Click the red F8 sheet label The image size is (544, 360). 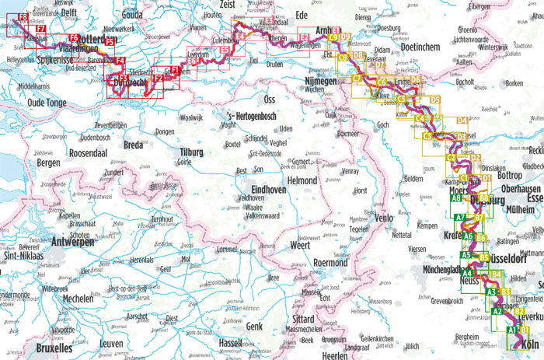[x=23, y=17]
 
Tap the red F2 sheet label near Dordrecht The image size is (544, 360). [x=158, y=78]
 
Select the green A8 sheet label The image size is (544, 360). [x=457, y=199]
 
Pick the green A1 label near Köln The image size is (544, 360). [x=512, y=330]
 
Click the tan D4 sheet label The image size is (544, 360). [x=462, y=121]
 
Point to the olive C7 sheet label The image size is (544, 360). [x=357, y=79]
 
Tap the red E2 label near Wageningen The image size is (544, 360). [x=305, y=37]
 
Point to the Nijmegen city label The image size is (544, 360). [x=319, y=80]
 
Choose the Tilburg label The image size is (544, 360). [x=196, y=152]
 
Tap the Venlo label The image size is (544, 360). [x=384, y=218]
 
